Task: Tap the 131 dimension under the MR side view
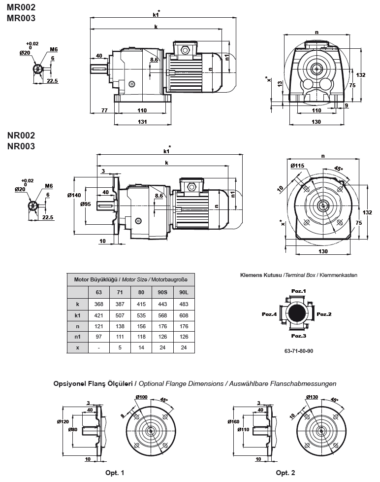click(x=142, y=122)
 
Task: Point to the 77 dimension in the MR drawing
click(x=104, y=110)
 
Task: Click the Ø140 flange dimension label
click(x=74, y=196)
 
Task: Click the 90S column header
click(x=162, y=292)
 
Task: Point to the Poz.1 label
click(x=298, y=291)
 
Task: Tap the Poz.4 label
click(x=269, y=313)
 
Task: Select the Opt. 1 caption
click(x=115, y=473)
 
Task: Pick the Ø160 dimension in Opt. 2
click(x=233, y=422)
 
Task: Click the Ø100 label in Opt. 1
click(x=141, y=398)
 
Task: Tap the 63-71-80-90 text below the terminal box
click(x=298, y=352)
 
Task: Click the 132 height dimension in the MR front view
click(x=361, y=75)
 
